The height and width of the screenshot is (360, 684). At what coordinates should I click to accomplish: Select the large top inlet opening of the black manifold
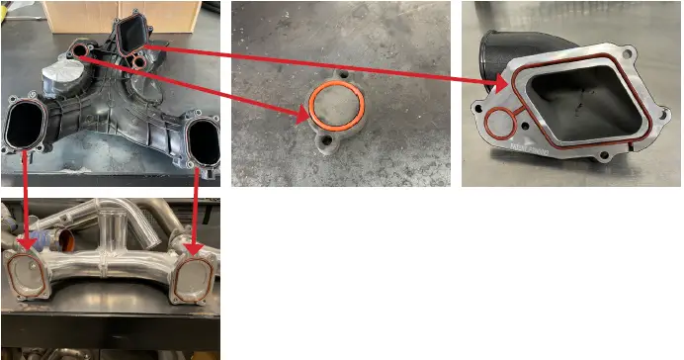130,35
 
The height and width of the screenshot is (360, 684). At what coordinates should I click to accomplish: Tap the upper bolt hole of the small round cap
345,75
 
